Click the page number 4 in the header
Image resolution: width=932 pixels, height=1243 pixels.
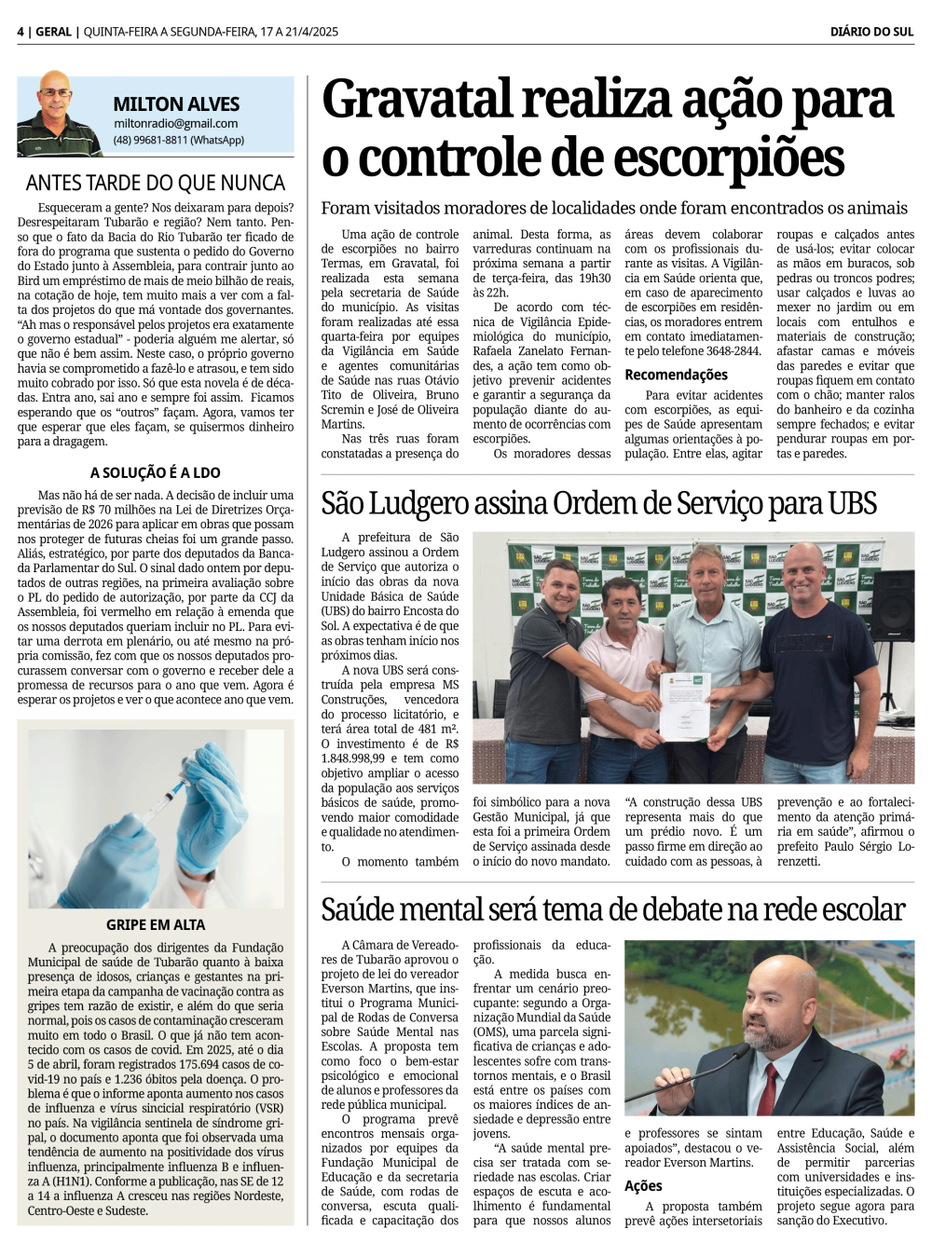point(21,32)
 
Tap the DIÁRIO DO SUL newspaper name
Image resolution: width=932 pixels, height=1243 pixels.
point(871,32)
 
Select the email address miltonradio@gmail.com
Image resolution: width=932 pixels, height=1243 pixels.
point(175,123)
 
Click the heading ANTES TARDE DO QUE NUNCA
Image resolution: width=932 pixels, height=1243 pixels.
point(155,183)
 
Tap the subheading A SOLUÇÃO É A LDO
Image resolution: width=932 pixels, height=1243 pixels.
point(155,472)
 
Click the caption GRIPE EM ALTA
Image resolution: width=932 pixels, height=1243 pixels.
point(155,924)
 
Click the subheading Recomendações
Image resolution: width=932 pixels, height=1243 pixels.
point(676,375)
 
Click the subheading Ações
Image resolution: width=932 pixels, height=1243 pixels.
point(643,1185)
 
